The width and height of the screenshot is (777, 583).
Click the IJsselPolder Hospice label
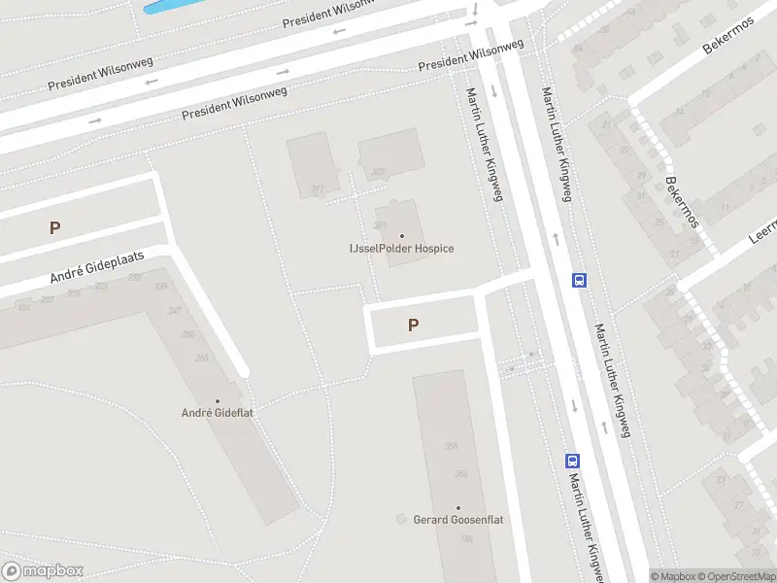point(401,249)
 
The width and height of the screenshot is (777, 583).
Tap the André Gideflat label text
point(217,413)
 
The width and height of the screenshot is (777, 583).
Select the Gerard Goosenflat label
point(458,520)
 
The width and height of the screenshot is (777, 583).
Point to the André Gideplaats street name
point(97,268)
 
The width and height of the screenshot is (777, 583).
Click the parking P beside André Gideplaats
point(55,228)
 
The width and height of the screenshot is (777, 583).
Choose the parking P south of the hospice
point(414,326)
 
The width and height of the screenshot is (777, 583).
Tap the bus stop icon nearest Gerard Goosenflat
point(573,462)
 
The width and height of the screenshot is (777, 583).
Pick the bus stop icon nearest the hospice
point(580,280)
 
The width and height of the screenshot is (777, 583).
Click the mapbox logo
point(43,571)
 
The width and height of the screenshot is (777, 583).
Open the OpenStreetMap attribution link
point(741,576)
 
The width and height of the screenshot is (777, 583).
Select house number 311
point(317,189)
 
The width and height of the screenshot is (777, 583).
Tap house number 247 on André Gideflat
point(175,311)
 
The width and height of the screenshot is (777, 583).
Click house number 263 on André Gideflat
point(202,358)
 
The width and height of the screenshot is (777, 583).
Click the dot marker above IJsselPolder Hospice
point(402,235)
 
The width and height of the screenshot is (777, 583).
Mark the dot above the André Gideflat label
point(217,400)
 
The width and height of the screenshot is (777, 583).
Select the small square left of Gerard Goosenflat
point(401,520)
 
